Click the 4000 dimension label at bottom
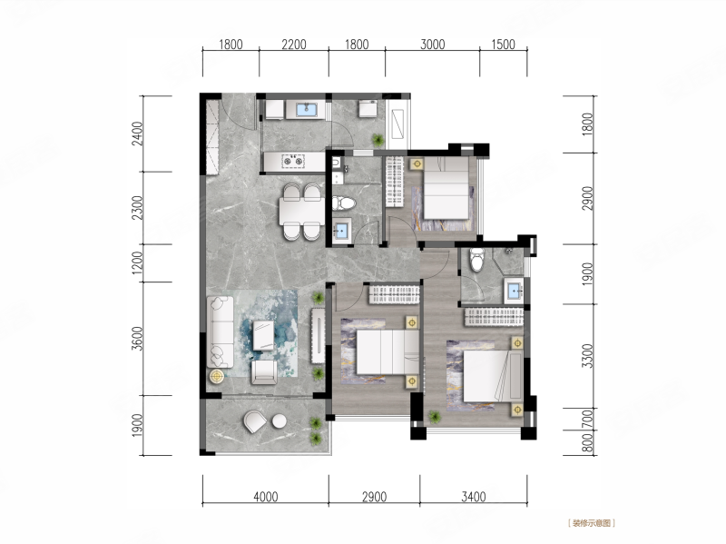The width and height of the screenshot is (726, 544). pyautogui.click(x=266, y=497)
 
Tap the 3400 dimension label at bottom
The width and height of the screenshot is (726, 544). pyautogui.click(x=474, y=497)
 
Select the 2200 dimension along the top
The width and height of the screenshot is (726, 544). pyautogui.click(x=294, y=45)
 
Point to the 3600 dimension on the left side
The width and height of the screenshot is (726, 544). pyautogui.click(x=138, y=339)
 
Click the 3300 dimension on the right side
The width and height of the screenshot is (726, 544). pyautogui.click(x=587, y=355)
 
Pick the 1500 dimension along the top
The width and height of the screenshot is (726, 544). pyautogui.click(x=503, y=45)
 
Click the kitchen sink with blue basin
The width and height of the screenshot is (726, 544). pyautogui.click(x=306, y=109)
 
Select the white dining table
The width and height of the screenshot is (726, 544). pyautogui.click(x=301, y=211)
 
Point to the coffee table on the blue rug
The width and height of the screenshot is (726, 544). pyautogui.click(x=263, y=334)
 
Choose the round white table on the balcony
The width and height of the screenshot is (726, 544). pyautogui.click(x=280, y=421)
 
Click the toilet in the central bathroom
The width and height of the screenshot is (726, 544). pyautogui.click(x=344, y=203)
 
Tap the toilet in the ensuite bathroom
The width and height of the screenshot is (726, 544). pyautogui.click(x=476, y=260)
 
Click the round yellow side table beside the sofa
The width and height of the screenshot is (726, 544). pyautogui.click(x=217, y=376)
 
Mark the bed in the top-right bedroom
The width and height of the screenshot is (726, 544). pyautogui.click(x=446, y=188)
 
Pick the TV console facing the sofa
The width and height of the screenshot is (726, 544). pyautogui.click(x=319, y=336)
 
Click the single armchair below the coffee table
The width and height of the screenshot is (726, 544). pyautogui.click(x=264, y=372)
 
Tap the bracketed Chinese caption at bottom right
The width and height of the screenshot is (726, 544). pyautogui.click(x=592, y=523)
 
